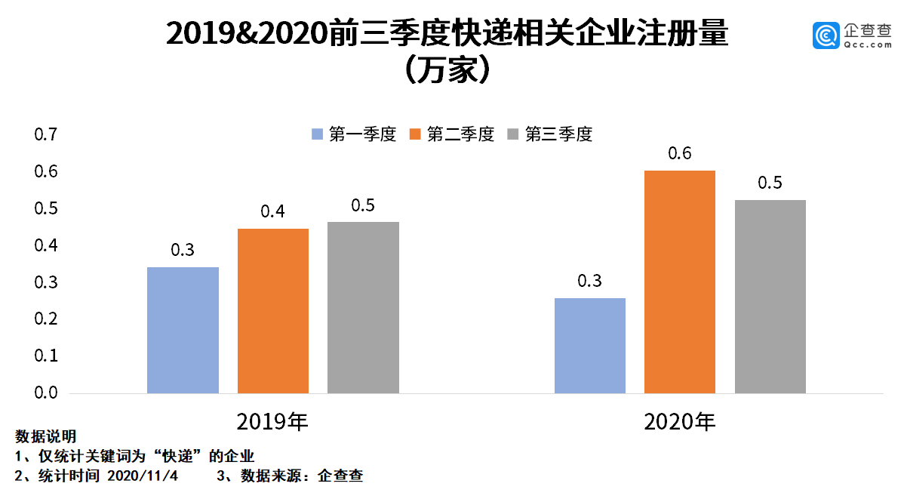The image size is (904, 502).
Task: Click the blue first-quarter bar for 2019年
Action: point(183,330)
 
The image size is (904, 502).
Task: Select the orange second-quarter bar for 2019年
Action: point(273,310)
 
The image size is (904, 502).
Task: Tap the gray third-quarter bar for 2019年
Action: point(363,307)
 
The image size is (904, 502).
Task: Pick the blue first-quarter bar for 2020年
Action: point(590,345)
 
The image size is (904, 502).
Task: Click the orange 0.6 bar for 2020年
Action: point(680,282)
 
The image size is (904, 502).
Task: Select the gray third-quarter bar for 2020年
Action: point(770,296)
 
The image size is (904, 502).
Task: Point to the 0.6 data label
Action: point(680,154)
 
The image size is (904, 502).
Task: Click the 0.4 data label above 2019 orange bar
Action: point(273,212)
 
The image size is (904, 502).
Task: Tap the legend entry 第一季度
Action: point(353,135)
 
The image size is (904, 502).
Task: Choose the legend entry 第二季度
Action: point(451,135)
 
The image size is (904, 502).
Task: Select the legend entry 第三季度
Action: point(549,135)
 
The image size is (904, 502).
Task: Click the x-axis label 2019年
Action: point(272,421)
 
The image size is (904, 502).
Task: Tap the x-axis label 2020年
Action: point(680,421)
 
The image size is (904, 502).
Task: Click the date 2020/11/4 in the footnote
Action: point(143,476)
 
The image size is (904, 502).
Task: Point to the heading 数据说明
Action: point(45,437)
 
